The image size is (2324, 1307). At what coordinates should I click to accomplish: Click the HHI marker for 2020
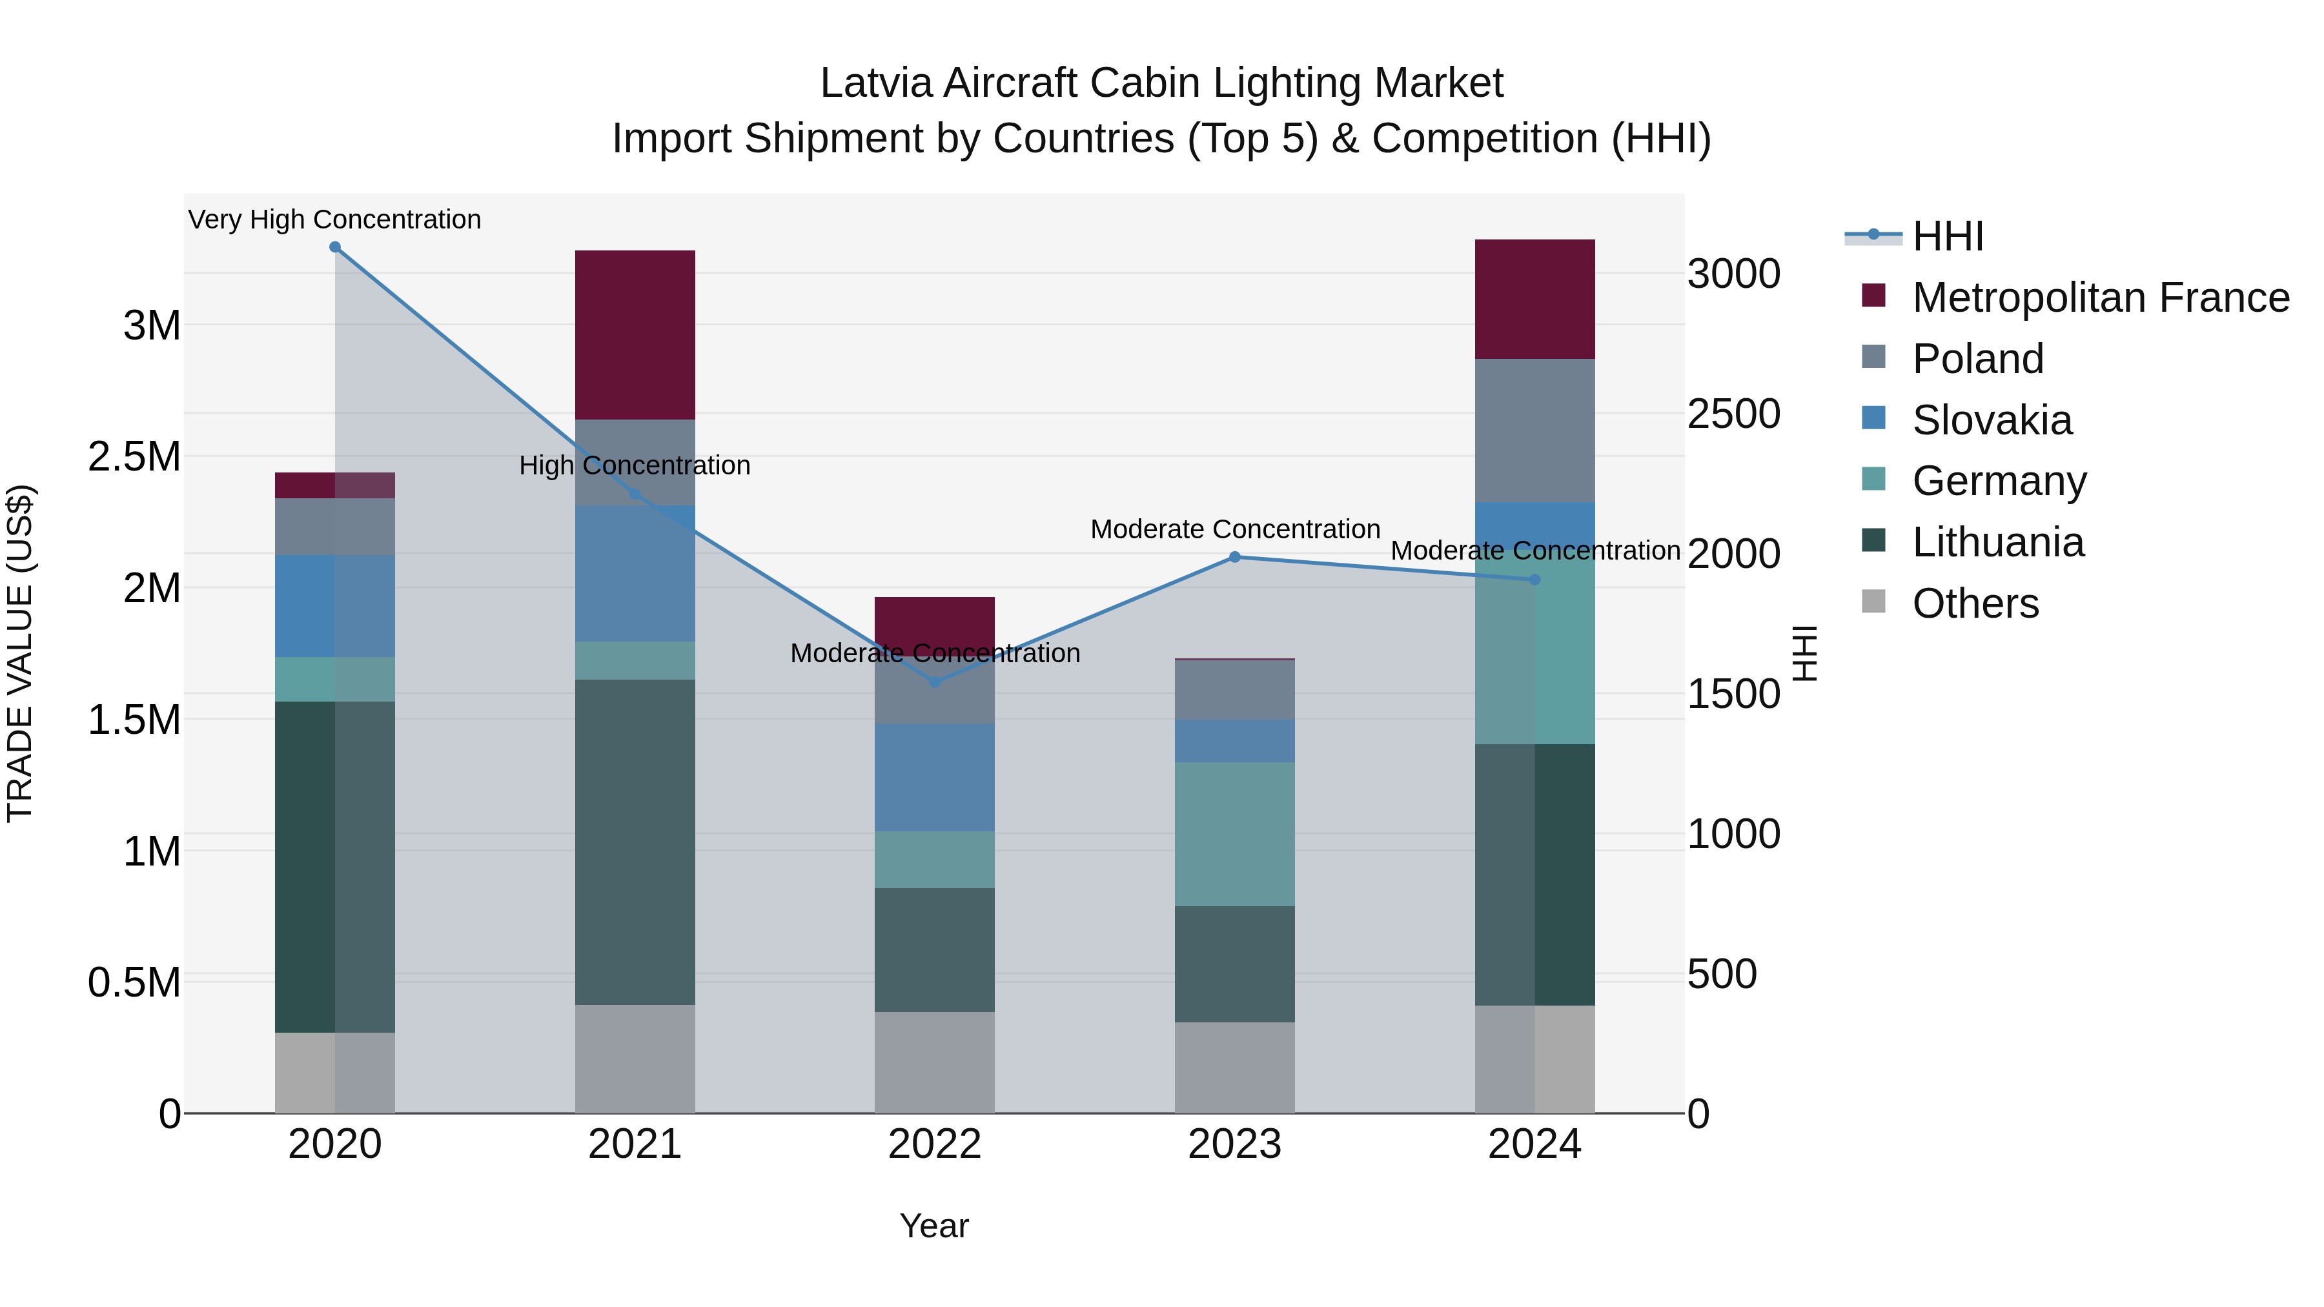(334, 247)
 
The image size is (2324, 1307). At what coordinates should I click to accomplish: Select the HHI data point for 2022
(935, 682)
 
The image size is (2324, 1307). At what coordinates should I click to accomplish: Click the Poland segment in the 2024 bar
(1534, 431)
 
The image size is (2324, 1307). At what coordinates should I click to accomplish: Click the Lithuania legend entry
(1997, 542)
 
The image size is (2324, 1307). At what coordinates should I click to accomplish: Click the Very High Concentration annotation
(334, 219)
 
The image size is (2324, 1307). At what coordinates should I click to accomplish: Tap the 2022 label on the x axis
(935, 1144)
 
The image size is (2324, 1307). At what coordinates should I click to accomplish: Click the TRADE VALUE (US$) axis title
(20, 653)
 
